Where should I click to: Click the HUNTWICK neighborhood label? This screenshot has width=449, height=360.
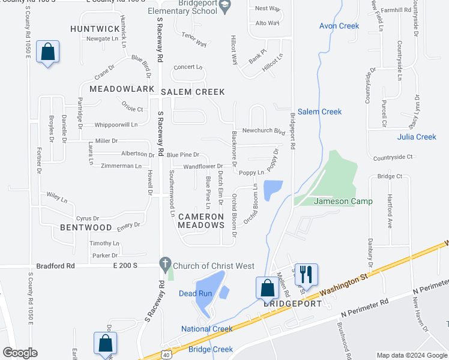[x=95, y=29]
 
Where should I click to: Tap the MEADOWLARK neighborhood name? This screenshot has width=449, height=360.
[x=122, y=89]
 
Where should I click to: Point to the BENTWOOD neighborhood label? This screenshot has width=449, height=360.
[x=86, y=228]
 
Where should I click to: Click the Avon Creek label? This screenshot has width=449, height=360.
[x=339, y=26]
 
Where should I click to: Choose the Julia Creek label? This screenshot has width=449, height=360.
[x=417, y=137]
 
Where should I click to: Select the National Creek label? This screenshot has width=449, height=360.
[x=207, y=329]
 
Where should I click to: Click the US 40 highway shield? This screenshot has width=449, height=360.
[x=166, y=355]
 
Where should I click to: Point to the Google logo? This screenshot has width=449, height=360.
[x=20, y=353]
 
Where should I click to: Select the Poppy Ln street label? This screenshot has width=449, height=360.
[x=251, y=173]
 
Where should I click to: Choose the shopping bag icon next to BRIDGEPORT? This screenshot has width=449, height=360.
[x=267, y=288]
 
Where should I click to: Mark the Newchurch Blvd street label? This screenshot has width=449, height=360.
[x=263, y=131]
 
